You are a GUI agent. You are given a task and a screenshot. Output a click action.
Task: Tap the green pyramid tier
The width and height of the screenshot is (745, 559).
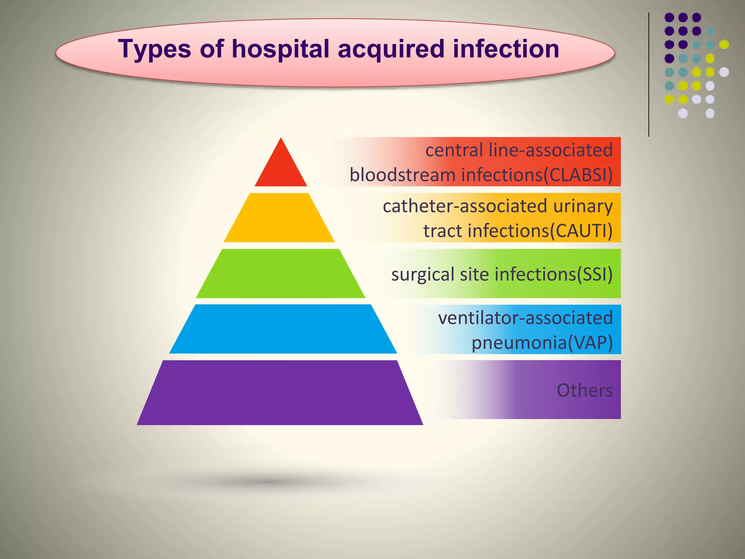pyautogui.click(x=280, y=273)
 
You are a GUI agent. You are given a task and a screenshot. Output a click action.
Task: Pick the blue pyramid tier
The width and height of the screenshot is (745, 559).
pyautogui.click(x=283, y=329)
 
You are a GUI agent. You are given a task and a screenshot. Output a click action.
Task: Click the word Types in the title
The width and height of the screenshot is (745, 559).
pyautogui.click(x=154, y=49)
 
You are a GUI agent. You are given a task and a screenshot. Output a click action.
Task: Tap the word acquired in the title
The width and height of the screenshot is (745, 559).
pyautogui.click(x=391, y=49)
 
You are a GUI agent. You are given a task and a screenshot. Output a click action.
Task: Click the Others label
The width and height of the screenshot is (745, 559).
pyautogui.click(x=585, y=390)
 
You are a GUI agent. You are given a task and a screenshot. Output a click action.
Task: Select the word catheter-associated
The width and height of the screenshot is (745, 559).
pyautogui.click(x=465, y=206)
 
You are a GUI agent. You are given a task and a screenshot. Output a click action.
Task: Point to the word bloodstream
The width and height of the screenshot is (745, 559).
pyautogui.click(x=402, y=175)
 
